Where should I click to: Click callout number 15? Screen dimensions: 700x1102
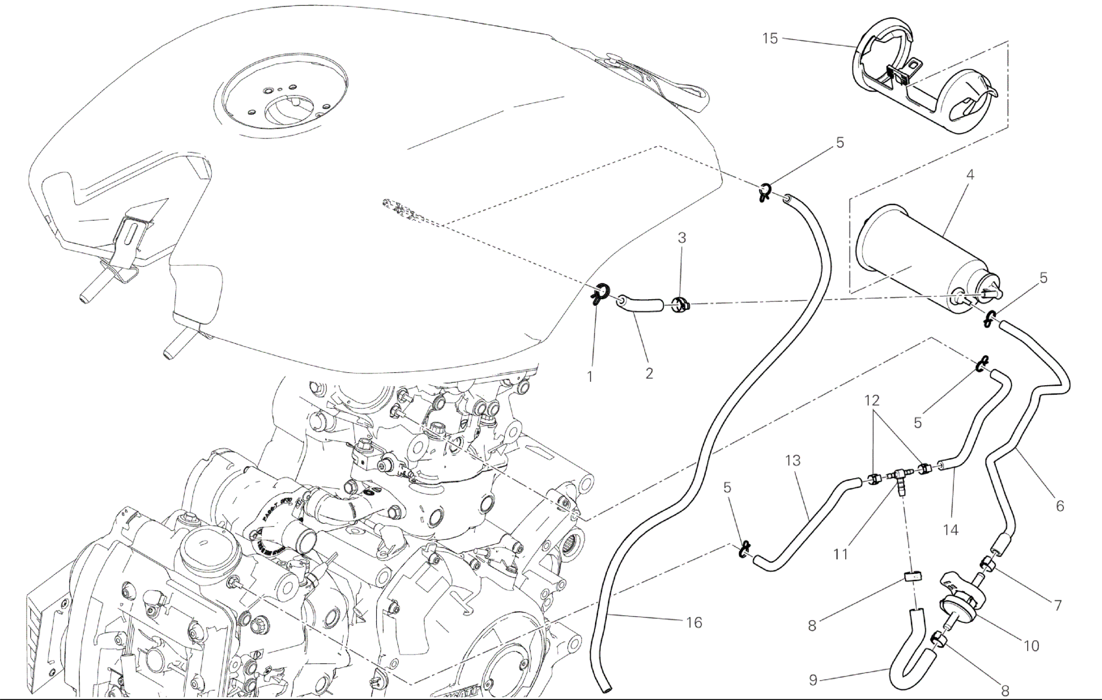click(x=770, y=39)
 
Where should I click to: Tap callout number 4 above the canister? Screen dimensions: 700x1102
click(x=970, y=175)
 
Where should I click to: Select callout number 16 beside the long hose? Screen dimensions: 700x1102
click(x=694, y=622)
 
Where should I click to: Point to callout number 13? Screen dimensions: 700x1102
click(x=793, y=461)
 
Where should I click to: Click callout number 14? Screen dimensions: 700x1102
click(x=950, y=530)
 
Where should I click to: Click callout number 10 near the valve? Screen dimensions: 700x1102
click(x=1031, y=646)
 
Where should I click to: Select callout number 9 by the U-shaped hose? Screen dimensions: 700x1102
click(x=813, y=680)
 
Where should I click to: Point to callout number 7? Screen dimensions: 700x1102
click(x=1057, y=605)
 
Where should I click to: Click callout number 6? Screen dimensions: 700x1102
click(x=1060, y=506)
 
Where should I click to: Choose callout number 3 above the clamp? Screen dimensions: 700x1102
click(x=682, y=238)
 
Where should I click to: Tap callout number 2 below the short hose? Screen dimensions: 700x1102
click(x=649, y=373)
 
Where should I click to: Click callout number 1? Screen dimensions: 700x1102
click(x=590, y=377)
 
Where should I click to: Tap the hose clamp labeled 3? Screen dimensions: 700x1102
click(x=679, y=305)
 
